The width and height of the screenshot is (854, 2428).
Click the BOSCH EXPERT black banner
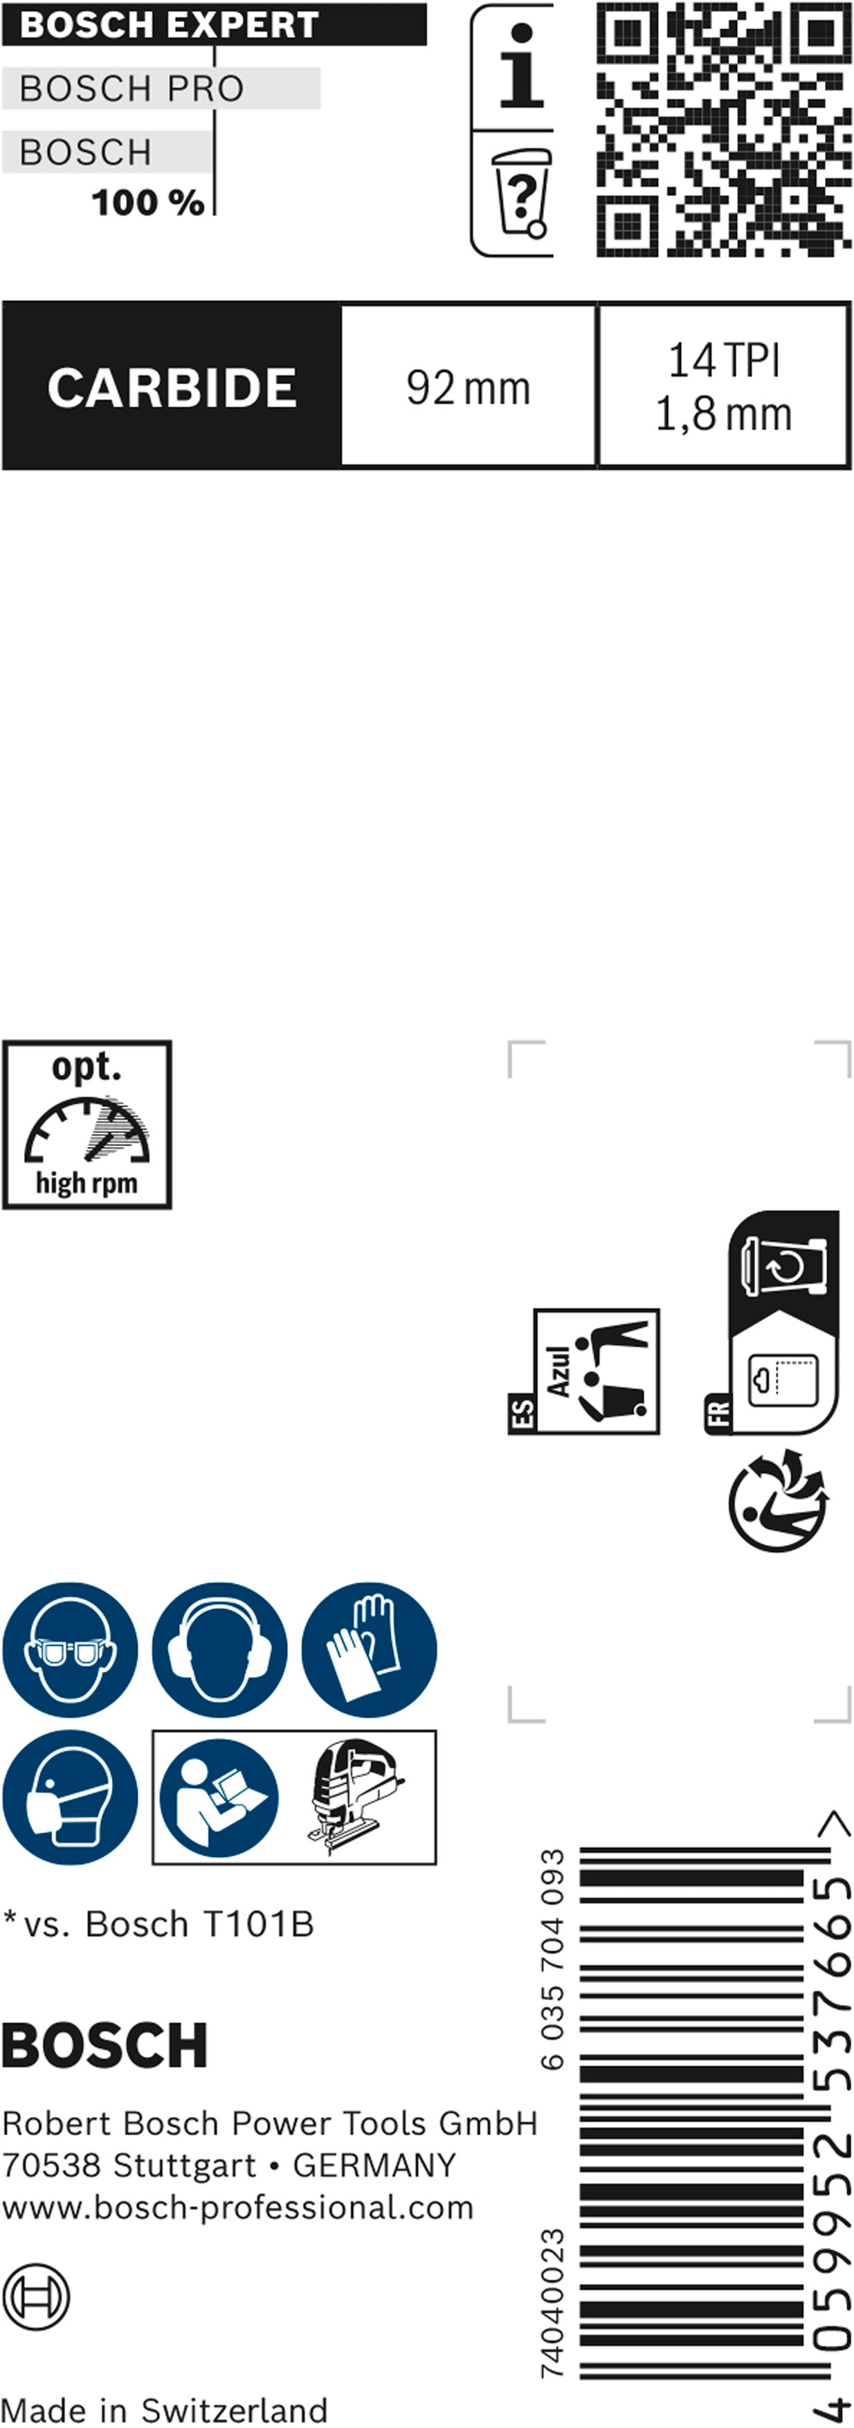tap(214, 24)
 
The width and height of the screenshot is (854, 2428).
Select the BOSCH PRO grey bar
tap(161, 89)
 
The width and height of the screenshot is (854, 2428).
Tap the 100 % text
tap(148, 203)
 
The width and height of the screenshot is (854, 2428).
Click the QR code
tap(723, 129)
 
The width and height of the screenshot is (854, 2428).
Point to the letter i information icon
tap(520, 66)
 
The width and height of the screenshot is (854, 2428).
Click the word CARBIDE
tap(172, 388)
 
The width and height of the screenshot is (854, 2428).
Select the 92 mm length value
tap(469, 388)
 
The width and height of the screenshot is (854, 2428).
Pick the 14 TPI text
tap(724, 360)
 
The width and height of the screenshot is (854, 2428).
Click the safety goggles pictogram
tap(70, 1649)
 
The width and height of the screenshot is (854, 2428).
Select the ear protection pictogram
tap(219, 1649)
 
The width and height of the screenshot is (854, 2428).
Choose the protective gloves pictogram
tap(370, 1649)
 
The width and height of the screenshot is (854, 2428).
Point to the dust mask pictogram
tap(70, 1797)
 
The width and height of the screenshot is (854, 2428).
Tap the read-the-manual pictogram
tap(219, 1797)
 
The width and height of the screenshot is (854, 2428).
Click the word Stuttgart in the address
tap(184, 2165)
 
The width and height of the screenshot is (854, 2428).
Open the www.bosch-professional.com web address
tap(237, 2207)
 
